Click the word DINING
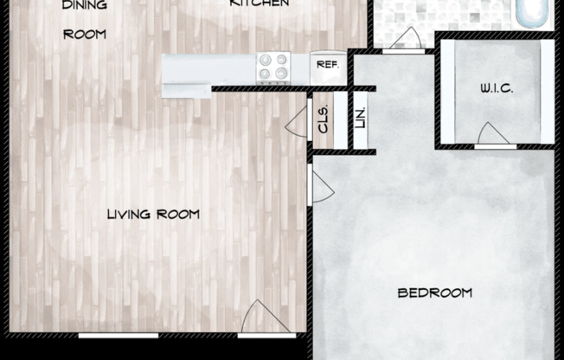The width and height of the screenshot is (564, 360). point(85,5)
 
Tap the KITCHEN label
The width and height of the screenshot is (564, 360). point(259,4)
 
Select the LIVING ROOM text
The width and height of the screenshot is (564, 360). point(154,214)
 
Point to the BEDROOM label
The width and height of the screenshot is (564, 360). point(435,292)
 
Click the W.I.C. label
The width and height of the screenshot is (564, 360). point(497,89)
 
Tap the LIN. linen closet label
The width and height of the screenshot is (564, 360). point(360,119)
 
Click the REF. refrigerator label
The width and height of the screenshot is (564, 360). point(327,65)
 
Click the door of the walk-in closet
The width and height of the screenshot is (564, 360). point(493,135)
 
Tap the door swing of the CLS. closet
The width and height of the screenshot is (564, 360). point(298,119)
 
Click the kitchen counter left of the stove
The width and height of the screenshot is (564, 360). point(208,67)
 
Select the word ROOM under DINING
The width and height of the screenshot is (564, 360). point(85,35)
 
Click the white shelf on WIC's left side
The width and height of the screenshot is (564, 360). point(447,91)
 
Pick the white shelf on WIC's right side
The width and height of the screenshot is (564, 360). point(547,91)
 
